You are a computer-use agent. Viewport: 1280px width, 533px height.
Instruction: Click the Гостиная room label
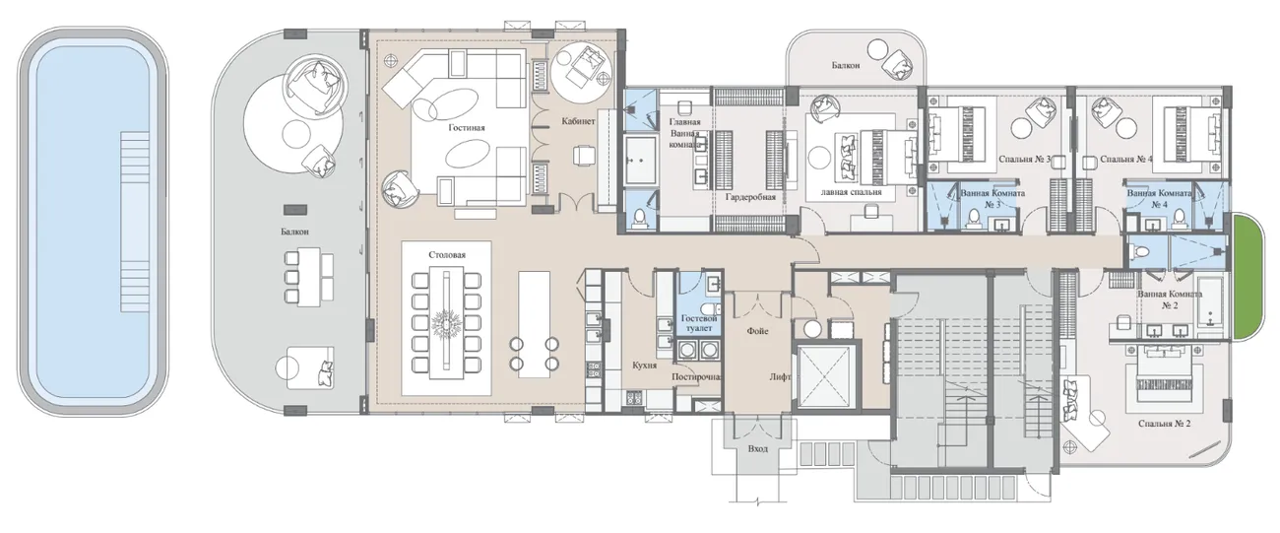[467, 128]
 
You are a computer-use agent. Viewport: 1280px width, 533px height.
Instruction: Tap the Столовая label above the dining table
[447, 255]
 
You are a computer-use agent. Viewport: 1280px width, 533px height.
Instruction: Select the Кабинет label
[578, 121]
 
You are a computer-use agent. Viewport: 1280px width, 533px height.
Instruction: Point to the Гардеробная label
[751, 197]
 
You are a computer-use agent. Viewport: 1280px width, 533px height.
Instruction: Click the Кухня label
[645, 365]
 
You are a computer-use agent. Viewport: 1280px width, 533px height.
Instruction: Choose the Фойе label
[758, 331]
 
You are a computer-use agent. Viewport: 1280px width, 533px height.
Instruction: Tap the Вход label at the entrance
[758, 449]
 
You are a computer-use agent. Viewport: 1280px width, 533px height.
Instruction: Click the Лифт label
[780, 377]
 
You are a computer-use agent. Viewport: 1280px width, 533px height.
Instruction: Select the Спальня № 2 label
[1165, 424]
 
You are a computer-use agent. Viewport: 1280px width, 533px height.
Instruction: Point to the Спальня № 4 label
[1126, 159]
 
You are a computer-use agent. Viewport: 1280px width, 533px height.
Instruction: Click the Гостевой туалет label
[699, 323]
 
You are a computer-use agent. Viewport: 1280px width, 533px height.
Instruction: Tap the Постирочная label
[696, 377]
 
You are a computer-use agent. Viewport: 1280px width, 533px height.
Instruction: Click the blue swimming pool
[93, 221]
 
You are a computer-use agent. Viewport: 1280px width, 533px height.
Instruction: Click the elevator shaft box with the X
[823, 377]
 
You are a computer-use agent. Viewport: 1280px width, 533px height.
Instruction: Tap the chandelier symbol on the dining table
[446, 324]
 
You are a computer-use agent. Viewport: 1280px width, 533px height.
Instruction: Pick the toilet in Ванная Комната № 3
[973, 219]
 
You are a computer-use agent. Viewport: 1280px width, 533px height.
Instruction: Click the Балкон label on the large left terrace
[294, 233]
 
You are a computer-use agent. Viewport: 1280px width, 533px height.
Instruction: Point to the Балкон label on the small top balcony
[846, 66]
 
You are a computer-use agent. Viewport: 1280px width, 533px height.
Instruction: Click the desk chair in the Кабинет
[584, 155]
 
